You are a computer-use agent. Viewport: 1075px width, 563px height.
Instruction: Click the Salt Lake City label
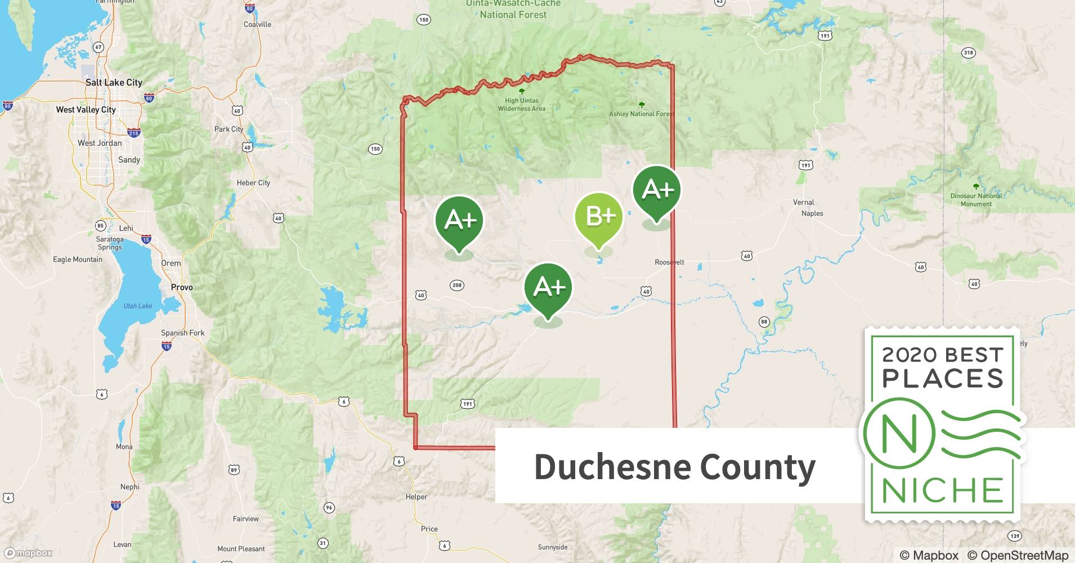pos(114,83)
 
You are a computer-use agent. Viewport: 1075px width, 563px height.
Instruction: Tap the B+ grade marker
pos(599,217)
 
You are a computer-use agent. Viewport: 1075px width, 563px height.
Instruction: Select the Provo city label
pos(182,287)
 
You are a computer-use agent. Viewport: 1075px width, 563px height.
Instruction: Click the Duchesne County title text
pos(674,467)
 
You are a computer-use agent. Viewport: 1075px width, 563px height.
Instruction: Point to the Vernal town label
pos(803,202)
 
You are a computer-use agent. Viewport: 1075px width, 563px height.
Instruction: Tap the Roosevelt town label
pos(669,262)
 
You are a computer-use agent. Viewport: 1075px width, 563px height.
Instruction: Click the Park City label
pos(229,129)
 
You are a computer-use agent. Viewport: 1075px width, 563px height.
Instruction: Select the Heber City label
pos(253,183)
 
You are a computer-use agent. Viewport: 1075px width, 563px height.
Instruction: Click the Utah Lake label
pos(138,306)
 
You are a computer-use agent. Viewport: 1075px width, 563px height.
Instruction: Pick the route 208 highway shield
pos(457,285)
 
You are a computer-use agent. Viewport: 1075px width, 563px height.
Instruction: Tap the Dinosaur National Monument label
pos(976,200)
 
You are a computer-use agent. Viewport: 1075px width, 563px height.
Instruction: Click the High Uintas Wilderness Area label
pos(521,105)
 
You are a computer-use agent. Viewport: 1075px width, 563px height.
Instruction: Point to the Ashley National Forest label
pos(641,114)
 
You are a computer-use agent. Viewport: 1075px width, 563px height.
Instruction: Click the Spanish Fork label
pos(183,333)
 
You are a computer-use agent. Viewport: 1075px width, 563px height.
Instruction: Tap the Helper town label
pos(416,497)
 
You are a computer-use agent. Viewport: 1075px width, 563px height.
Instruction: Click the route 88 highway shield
pos(764,322)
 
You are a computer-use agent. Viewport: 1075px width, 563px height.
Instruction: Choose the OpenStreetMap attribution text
pos(1018,555)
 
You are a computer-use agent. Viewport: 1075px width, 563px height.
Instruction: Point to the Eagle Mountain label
pos(78,260)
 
